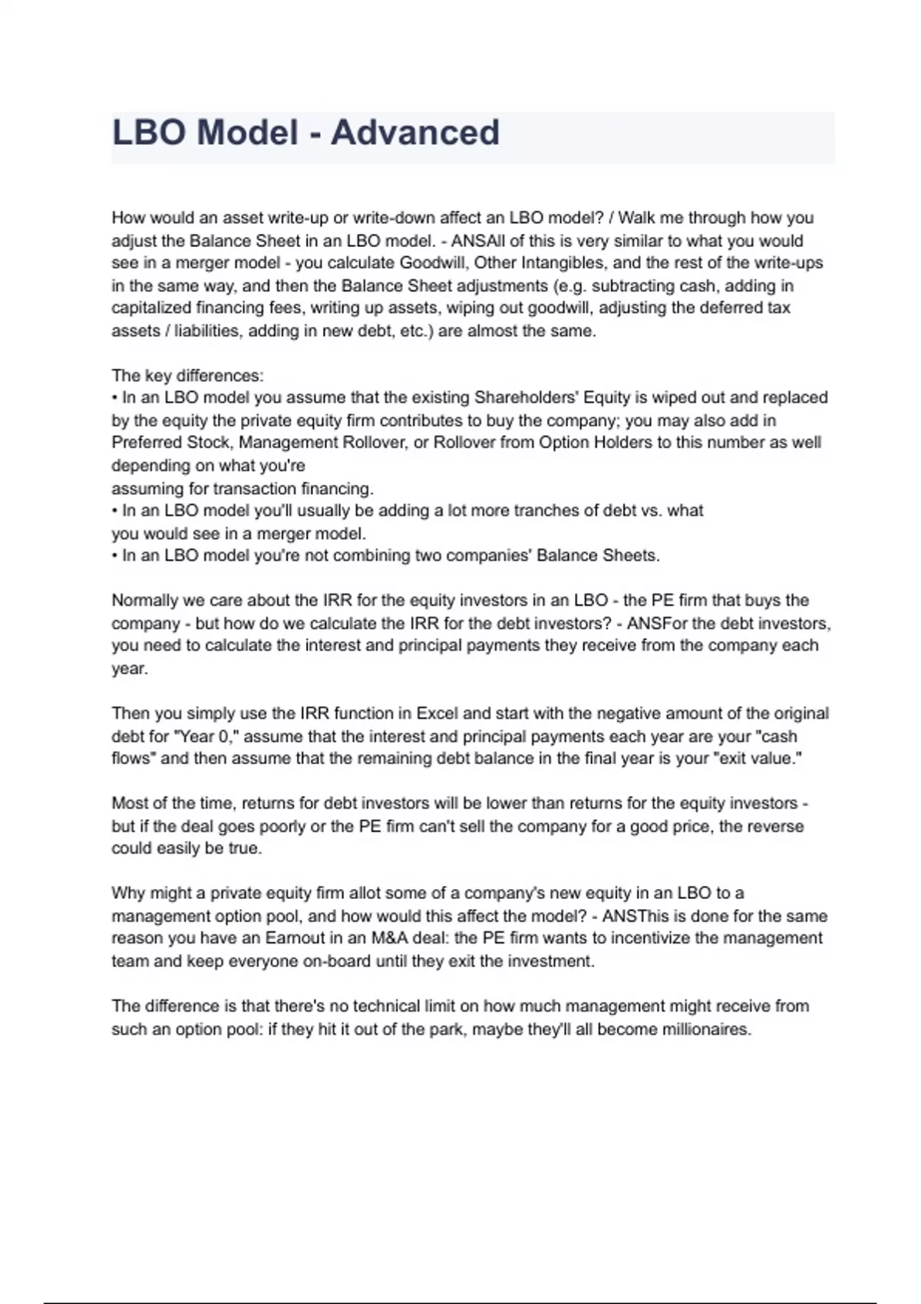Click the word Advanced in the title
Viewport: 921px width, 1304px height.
pyautogui.click(x=414, y=133)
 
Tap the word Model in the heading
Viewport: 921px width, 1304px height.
pyautogui.click(x=247, y=133)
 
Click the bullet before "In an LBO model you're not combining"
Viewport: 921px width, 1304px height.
pyautogui.click(x=114, y=555)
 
